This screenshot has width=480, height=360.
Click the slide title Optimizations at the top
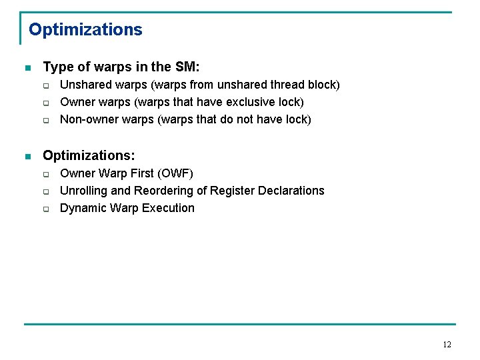(85, 30)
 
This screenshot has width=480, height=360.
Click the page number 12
(447, 345)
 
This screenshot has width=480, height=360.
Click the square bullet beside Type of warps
(27, 67)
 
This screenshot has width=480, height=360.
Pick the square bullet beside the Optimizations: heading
(27, 156)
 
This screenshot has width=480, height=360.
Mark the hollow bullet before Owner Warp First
(47, 174)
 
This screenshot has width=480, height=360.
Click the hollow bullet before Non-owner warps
(47, 120)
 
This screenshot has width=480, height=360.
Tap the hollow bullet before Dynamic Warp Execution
(47, 209)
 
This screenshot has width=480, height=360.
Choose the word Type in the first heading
(56, 67)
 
